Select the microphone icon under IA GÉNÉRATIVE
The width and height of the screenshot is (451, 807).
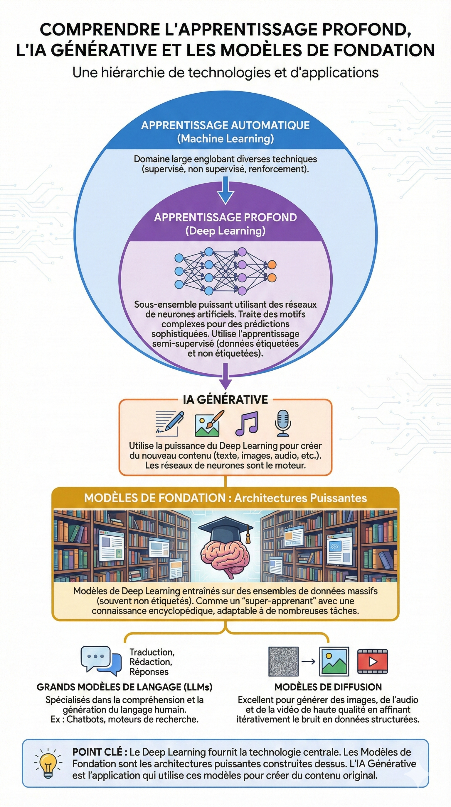tap(282, 423)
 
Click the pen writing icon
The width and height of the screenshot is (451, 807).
tap(170, 423)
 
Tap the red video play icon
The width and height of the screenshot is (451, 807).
tap(372, 661)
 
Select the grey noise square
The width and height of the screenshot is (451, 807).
tap(283, 661)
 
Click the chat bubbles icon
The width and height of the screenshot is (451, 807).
tap(101, 660)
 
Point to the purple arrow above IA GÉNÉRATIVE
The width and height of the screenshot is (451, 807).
tap(225, 376)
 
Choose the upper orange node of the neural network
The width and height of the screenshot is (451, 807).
tap(272, 265)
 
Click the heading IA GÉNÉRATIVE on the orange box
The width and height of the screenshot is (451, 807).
tap(225, 400)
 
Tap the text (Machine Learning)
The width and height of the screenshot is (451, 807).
tap(225, 139)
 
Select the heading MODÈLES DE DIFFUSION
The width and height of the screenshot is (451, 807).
tap(328, 687)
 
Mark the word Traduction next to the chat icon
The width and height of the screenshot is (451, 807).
tap(152, 652)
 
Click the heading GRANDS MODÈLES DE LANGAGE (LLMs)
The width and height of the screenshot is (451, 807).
tap(124, 687)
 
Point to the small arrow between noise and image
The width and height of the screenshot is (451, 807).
tap(308, 661)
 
